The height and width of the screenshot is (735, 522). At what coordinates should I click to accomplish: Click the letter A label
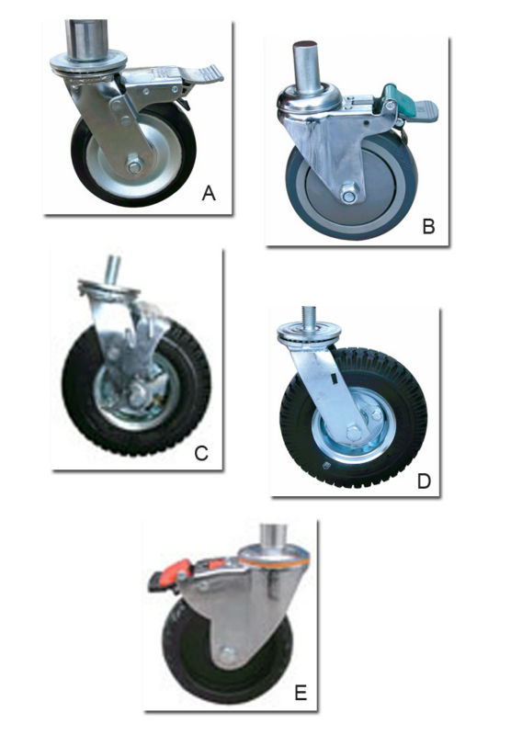[x=209, y=193]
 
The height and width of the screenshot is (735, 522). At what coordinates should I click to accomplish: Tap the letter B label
[x=428, y=226]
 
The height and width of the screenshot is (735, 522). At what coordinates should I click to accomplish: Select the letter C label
[x=201, y=453]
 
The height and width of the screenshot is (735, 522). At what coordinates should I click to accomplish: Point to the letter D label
[x=424, y=481]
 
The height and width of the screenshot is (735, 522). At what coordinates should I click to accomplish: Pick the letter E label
[x=301, y=692]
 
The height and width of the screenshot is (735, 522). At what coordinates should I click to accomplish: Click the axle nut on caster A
[x=134, y=166]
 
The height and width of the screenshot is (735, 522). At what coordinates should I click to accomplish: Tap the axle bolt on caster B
[x=348, y=194]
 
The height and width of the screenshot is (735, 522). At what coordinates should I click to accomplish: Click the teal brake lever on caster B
[x=391, y=94]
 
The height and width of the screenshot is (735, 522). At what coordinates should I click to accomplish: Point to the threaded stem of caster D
[x=312, y=315]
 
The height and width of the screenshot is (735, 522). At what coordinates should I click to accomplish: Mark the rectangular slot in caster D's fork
[x=334, y=376]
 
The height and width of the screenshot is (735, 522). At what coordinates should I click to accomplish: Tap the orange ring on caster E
[x=274, y=556]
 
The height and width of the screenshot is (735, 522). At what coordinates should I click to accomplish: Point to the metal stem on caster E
[x=274, y=536]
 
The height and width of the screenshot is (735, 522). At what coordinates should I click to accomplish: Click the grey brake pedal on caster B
[x=425, y=111]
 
